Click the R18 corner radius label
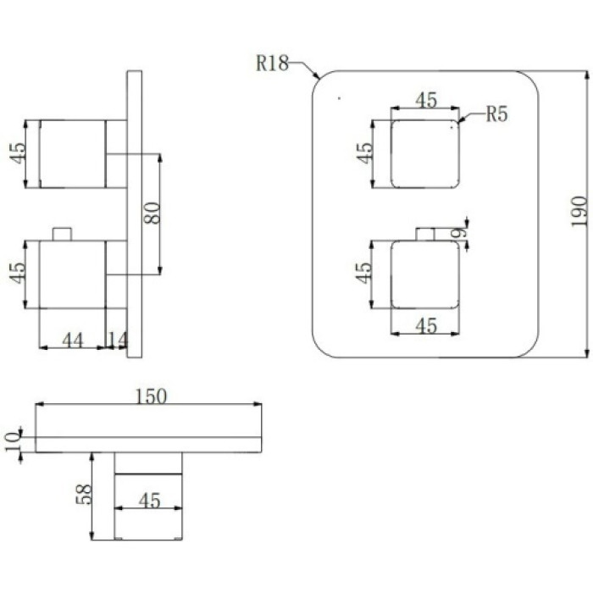pyautogui.click(x=272, y=64)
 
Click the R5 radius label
pyautogui.click(x=496, y=114)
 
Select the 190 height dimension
pyautogui.click(x=579, y=212)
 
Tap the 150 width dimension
pyautogui.click(x=151, y=396)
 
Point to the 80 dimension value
pyautogui.click(x=152, y=213)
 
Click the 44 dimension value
pyautogui.click(x=72, y=341)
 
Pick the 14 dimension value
pyautogui.click(x=118, y=340)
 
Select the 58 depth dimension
pyautogui.click(x=84, y=494)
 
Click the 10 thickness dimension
pyautogui.click(x=13, y=441)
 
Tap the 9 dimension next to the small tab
pyautogui.click(x=459, y=233)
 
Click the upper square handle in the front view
pyautogui.click(x=425, y=154)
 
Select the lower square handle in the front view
pyautogui.click(x=425, y=274)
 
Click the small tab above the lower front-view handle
pyautogui.click(x=425, y=234)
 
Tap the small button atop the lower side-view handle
pyautogui.click(x=62, y=234)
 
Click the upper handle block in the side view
pyautogui.click(x=72, y=154)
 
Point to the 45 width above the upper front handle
pyautogui.click(x=426, y=100)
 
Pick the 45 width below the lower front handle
pyautogui.click(x=426, y=325)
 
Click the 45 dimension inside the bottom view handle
pyautogui.click(x=149, y=501)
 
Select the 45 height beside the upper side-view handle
pyautogui.click(x=18, y=152)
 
